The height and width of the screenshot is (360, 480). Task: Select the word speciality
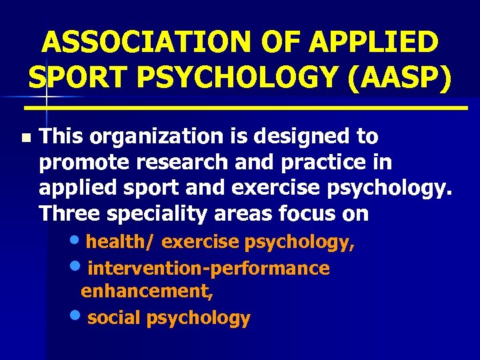pyautogui.click(x=148, y=213)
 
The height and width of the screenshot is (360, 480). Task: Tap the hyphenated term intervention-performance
pyautogui.click(x=208, y=269)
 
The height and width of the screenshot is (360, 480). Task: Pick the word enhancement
pyautogui.click(x=145, y=291)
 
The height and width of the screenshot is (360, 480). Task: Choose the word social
pyautogui.click(x=114, y=318)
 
